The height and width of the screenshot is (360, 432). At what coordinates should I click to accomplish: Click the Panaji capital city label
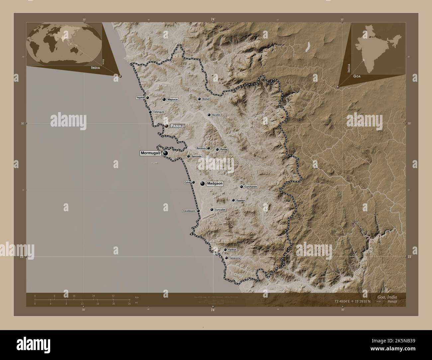(x=177, y=126)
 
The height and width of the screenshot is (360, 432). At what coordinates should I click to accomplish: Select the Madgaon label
(x=215, y=183)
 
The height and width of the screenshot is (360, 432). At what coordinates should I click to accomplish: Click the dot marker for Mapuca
(x=164, y=99)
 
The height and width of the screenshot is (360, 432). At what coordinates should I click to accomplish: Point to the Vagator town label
(x=140, y=98)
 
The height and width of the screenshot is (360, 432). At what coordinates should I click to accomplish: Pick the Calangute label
(x=159, y=112)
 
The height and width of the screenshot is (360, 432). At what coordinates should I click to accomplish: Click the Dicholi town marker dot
(x=199, y=99)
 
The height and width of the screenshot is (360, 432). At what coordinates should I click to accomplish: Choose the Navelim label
(x=216, y=115)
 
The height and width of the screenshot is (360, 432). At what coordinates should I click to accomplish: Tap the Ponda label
(x=224, y=150)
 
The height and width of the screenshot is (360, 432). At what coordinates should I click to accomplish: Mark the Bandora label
(x=201, y=148)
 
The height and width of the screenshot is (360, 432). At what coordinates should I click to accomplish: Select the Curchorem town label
(x=251, y=187)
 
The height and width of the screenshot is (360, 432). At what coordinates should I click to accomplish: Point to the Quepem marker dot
(x=233, y=200)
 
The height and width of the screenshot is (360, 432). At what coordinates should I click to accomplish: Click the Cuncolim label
(x=220, y=210)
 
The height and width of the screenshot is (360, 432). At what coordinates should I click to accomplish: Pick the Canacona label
(x=235, y=258)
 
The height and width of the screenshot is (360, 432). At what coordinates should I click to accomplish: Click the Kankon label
(x=232, y=249)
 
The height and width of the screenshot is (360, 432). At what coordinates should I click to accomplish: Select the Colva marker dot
(x=193, y=182)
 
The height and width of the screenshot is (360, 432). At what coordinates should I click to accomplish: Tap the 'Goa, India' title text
(x=387, y=297)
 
